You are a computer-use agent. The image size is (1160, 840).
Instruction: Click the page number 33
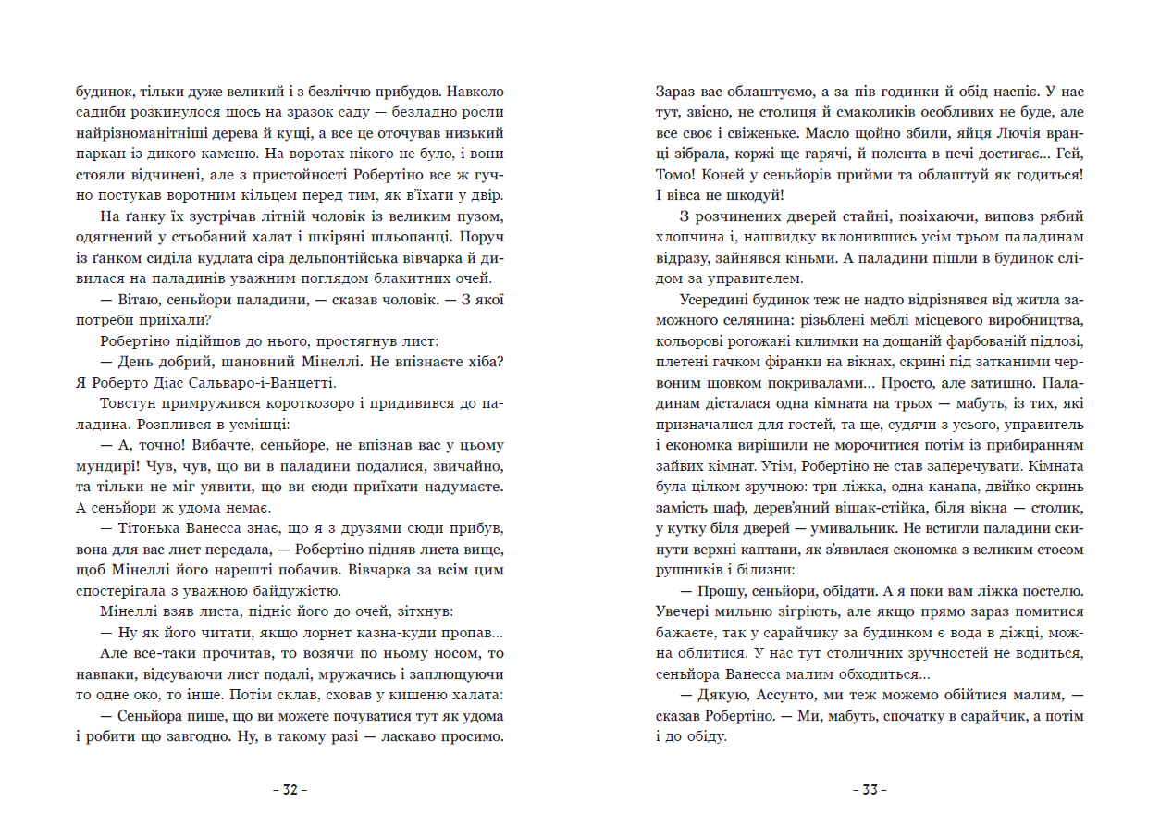pyautogui.click(x=870, y=790)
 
